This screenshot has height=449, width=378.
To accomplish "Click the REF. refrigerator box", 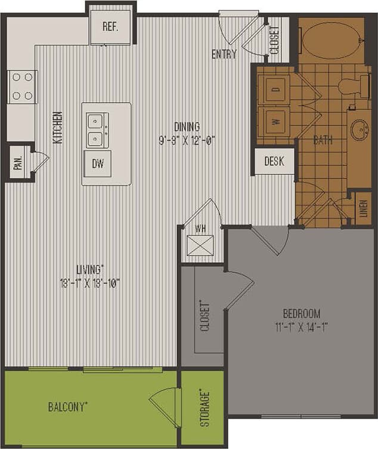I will click(110, 27).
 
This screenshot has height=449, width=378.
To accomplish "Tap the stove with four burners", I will click(22, 87).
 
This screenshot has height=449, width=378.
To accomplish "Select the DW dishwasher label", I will click(98, 164).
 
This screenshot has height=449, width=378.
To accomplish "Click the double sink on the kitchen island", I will click(96, 130).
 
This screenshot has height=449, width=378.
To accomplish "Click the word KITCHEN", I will click(58, 127).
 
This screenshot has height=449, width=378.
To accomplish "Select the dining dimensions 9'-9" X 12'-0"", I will click(186, 141).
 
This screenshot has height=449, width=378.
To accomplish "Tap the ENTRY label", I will click(224, 54).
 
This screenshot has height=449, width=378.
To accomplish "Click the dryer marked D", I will click(275, 90).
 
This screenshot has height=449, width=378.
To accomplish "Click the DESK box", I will click(274, 161).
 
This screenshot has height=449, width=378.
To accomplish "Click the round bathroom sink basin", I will click(360, 130).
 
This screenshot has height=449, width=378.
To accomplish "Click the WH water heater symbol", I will click(200, 245).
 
